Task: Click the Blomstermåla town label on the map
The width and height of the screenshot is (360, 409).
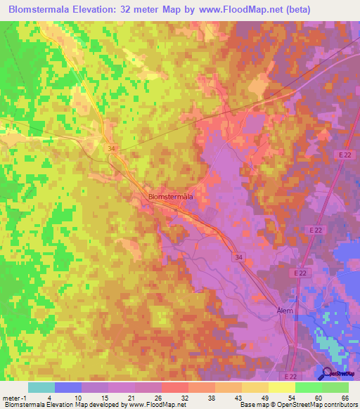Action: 171,197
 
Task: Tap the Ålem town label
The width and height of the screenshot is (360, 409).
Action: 284,309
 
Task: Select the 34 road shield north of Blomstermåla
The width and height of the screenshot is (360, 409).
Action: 111,149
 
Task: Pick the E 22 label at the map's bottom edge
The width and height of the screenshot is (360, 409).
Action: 290,376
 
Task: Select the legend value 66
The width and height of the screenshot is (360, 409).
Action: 345,398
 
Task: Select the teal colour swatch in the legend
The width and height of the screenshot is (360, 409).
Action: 41,387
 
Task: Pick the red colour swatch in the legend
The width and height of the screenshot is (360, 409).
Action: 174,387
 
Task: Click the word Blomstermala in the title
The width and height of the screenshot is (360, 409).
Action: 42,11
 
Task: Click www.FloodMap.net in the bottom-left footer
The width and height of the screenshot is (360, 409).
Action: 153,405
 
